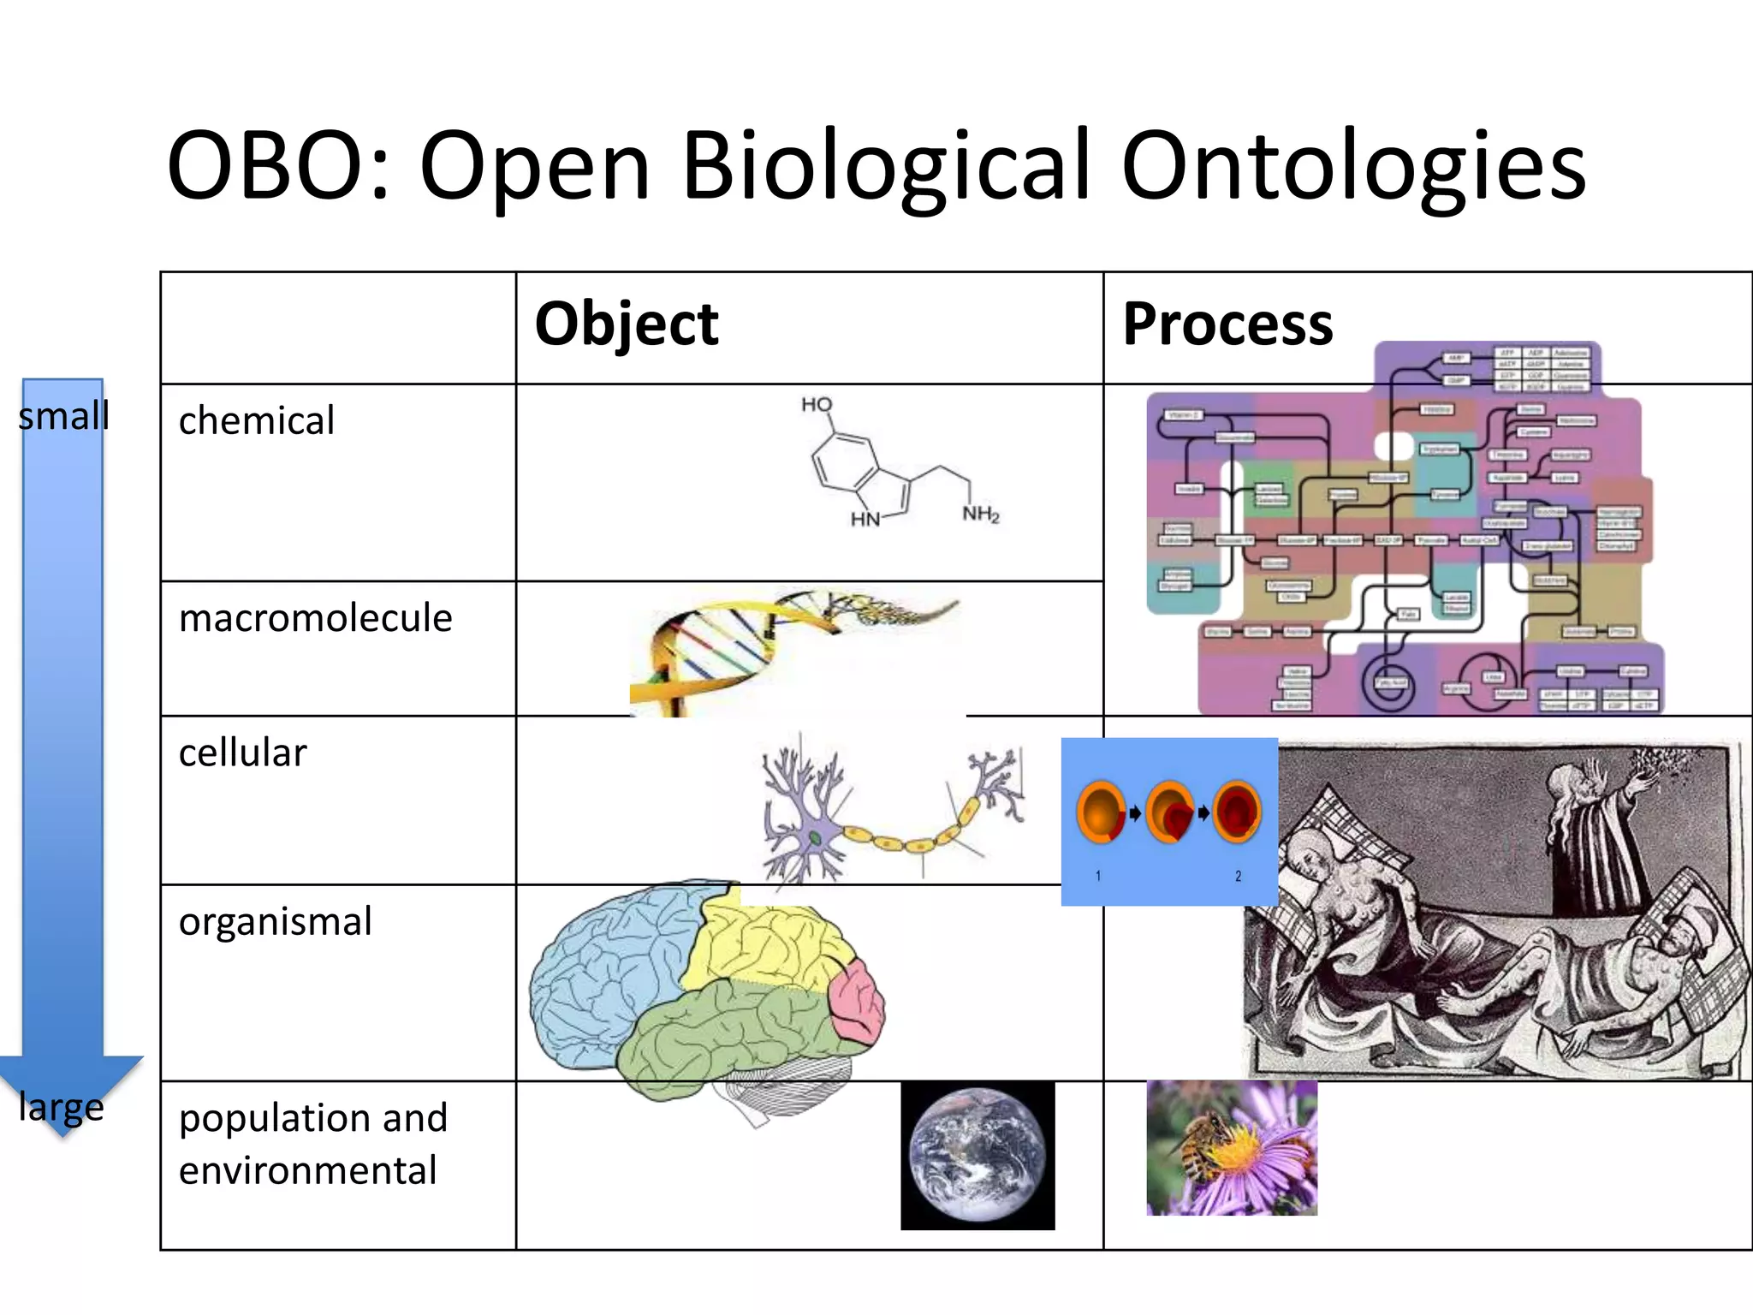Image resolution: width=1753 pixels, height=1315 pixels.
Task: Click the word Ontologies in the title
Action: click(1354, 167)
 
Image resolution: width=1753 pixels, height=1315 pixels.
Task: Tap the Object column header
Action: click(626, 324)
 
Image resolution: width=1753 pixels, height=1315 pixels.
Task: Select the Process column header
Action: click(1227, 324)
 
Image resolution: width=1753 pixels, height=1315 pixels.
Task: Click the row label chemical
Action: click(256, 421)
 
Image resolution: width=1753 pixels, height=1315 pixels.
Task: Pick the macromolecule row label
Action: click(315, 618)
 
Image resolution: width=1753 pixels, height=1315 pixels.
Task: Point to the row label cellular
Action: click(242, 753)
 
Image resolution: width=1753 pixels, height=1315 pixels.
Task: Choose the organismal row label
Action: click(275, 922)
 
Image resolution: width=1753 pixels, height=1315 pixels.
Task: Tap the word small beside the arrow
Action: click(63, 417)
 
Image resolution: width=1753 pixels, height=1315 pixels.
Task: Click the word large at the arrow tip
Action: click(61, 1107)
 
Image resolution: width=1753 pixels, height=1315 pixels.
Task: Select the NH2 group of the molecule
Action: click(980, 514)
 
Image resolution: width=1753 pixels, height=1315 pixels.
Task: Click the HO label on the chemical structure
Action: click(817, 404)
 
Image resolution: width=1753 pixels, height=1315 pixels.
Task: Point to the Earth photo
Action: click(978, 1156)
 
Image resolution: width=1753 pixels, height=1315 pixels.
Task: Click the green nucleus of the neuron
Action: click(815, 837)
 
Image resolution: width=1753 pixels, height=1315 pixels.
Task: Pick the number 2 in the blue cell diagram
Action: click(1238, 877)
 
